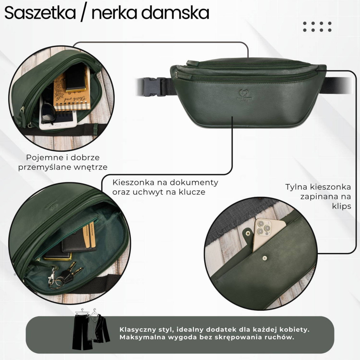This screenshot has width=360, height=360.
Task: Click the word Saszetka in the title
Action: coord(40,13)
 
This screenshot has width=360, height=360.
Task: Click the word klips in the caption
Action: coord(341,206)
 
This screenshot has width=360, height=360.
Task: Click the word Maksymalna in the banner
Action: coord(142,338)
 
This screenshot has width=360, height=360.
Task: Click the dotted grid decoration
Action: coord(317,27)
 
